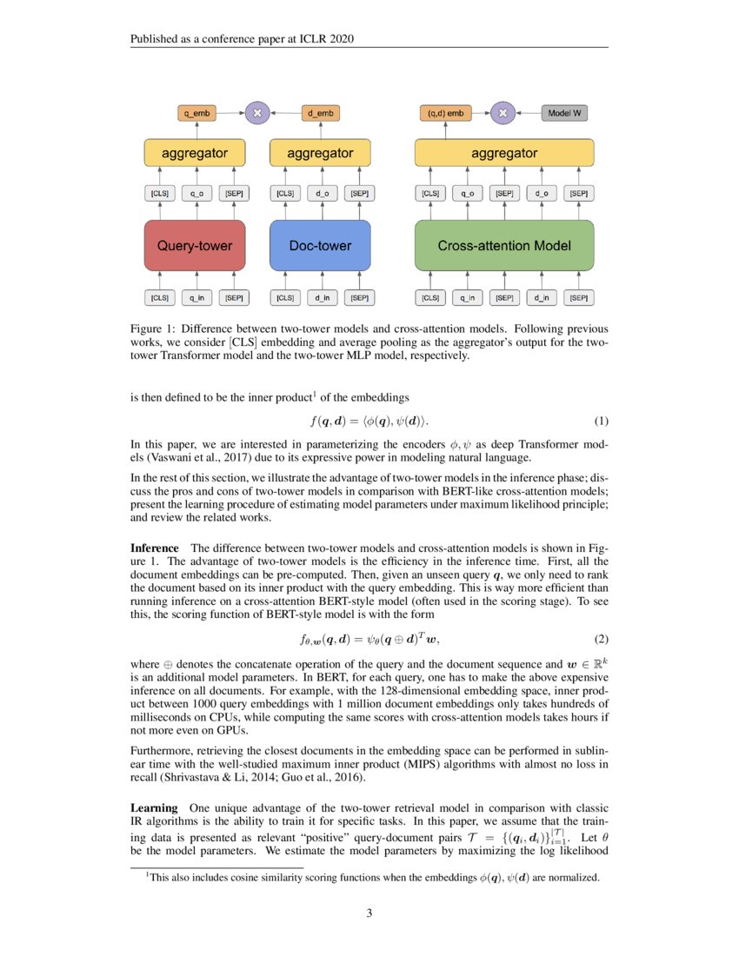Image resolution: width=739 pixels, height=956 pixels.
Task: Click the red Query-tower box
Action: click(195, 246)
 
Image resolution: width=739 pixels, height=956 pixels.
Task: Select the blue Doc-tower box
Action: click(320, 246)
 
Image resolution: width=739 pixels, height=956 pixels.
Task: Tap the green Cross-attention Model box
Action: click(504, 246)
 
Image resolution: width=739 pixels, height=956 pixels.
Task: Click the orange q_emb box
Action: click(197, 113)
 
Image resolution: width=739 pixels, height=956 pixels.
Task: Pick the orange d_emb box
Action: click(320, 113)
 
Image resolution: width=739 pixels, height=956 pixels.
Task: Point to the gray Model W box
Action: click(565, 113)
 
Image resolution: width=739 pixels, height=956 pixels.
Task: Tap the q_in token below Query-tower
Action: click(196, 298)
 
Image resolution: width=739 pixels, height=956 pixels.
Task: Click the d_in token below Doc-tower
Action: click(321, 298)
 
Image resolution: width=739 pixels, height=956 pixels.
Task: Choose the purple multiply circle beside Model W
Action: click(503, 113)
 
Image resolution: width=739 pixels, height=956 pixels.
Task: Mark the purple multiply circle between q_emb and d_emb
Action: click(256, 113)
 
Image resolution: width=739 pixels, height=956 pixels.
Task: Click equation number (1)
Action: click(601, 422)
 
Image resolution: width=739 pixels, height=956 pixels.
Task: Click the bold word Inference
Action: click(154, 548)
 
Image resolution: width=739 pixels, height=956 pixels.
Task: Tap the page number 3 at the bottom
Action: click(369, 913)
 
